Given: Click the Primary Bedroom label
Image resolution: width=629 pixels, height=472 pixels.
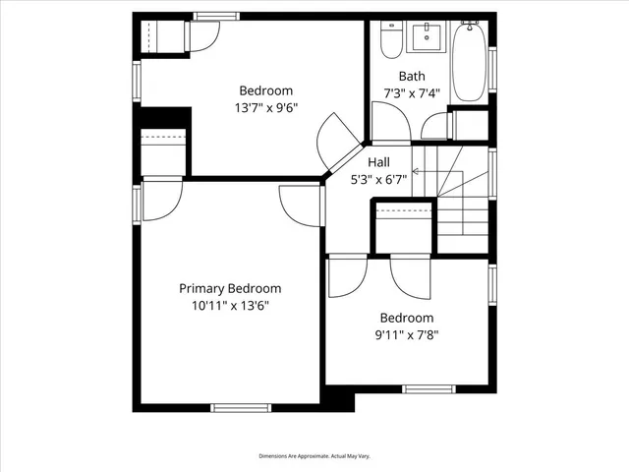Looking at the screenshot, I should [230, 288].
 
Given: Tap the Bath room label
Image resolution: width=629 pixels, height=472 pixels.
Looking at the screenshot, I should [411, 76].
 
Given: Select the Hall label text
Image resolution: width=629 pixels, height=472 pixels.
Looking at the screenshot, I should [378, 162].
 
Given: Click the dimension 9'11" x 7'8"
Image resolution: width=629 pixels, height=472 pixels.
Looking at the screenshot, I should [407, 335].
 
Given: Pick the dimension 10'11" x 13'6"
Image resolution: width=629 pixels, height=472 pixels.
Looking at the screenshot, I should [230, 306].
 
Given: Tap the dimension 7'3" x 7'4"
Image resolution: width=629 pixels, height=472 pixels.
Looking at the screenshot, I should [411, 93].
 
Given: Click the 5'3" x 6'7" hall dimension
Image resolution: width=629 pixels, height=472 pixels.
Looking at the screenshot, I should [378, 180].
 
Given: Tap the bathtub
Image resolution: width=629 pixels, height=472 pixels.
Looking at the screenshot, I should [470, 61].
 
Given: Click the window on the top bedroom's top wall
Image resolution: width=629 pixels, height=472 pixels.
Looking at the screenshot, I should [215, 17].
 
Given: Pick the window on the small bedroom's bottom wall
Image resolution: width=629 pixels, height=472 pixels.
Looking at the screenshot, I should [429, 388].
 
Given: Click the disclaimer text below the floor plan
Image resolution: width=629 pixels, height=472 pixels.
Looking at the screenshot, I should [314, 456].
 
